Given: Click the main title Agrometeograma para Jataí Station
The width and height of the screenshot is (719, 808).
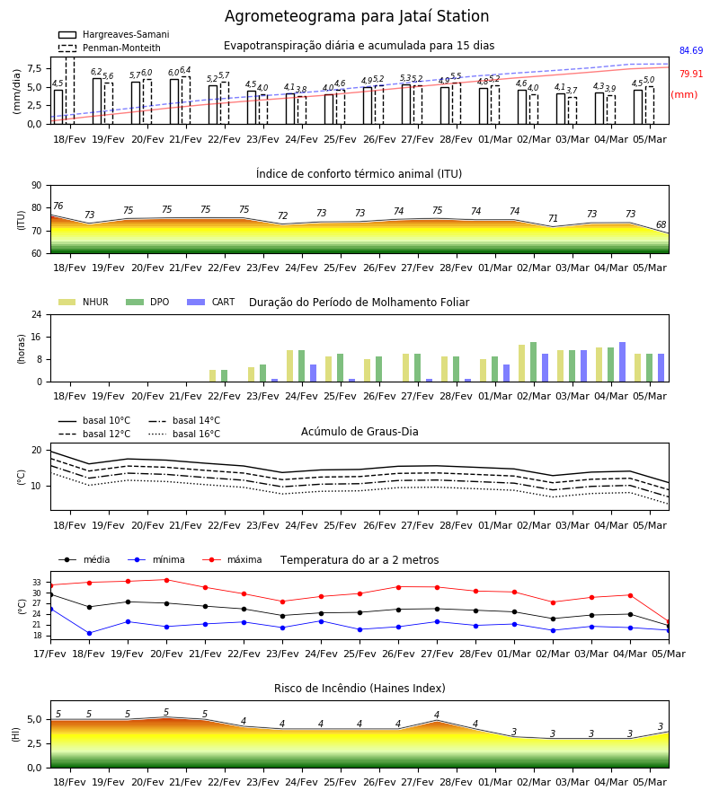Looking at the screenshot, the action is click(x=357, y=16).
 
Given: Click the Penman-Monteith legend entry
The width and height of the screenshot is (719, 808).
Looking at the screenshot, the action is click(x=110, y=48).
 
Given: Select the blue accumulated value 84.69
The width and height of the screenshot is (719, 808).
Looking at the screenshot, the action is click(x=690, y=50).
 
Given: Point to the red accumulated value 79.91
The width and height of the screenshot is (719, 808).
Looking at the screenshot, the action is click(x=690, y=74).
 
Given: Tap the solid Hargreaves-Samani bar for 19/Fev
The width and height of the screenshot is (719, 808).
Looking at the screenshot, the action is click(x=97, y=101).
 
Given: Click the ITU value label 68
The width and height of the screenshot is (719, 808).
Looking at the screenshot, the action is click(x=661, y=224).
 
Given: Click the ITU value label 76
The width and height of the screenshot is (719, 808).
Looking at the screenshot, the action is click(x=58, y=206).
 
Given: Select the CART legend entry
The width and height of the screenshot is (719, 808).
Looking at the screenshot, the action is click(x=211, y=302).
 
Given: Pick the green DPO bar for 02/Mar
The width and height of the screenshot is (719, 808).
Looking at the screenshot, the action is click(x=533, y=362).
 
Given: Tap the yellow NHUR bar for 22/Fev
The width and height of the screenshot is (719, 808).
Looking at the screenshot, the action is click(x=212, y=375).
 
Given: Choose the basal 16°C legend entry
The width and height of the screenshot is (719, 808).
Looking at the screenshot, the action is click(x=184, y=434).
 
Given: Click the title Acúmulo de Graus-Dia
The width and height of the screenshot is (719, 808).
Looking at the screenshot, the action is click(x=359, y=431).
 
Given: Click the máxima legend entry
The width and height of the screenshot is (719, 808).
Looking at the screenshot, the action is click(x=232, y=559).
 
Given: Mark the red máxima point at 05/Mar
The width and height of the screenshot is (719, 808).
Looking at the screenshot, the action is click(x=669, y=621).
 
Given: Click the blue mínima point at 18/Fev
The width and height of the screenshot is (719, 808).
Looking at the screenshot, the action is click(x=89, y=633).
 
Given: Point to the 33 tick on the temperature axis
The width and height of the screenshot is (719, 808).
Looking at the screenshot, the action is click(x=37, y=583).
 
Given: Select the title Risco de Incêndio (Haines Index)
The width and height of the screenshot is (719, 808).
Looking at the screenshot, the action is click(x=359, y=688).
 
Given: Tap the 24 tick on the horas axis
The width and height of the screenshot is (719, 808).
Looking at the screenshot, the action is click(x=37, y=314).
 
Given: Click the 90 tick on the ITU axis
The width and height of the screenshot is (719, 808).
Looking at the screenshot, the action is click(x=37, y=186).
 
